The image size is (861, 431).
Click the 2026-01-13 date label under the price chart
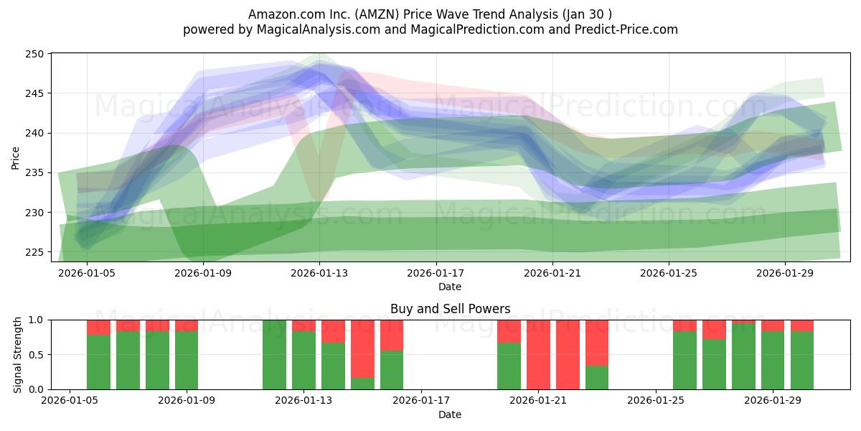click(x=319, y=273)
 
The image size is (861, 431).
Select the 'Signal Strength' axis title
click(x=19, y=354)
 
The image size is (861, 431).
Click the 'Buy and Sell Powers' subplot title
click(x=450, y=309)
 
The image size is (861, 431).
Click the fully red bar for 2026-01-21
click(x=538, y=354)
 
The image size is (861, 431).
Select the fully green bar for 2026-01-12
click(x=274, y=354)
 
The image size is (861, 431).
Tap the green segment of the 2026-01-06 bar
click(x=98, y=362)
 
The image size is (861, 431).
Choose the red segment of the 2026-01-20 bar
click(x=509, y=331)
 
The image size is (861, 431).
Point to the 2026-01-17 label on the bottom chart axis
click(x=420, y=400)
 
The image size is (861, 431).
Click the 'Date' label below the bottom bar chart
click(x=450, y=414)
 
